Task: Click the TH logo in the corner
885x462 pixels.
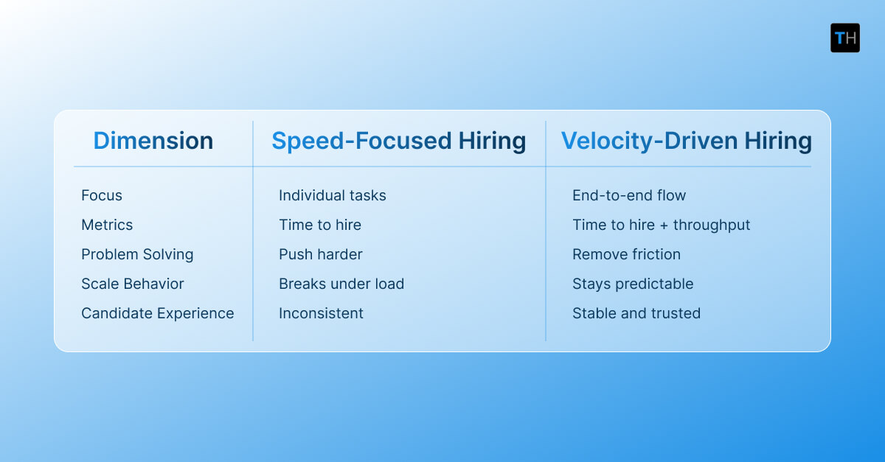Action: coord(844,38)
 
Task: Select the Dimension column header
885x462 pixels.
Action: coord(153,141)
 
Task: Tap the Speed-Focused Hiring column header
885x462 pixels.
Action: coord(398,141)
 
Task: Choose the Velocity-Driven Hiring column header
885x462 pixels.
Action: coord(686,141)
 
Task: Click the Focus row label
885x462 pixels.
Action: coord(102,195)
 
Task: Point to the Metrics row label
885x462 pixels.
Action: coord(107,225)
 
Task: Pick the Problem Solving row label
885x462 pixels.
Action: coord(137,254)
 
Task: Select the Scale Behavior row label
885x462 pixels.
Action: coord(133,284)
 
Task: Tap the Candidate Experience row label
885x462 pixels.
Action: coord(157,313)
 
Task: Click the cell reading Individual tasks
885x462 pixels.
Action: coord(332,195)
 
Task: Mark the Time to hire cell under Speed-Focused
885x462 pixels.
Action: coord(319,225)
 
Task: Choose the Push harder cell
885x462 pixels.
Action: coord(320,254)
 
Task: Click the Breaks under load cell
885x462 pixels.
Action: coord(341,284)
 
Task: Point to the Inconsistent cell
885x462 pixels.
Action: coord(321,313)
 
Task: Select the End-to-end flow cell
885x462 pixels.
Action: coord(629,195)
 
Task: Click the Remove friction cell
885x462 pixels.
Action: coord(626,254)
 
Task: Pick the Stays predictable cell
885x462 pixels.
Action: coord(633,284)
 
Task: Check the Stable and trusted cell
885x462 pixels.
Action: coord(636,313)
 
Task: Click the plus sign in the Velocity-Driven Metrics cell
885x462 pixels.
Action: coord(662,225)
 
